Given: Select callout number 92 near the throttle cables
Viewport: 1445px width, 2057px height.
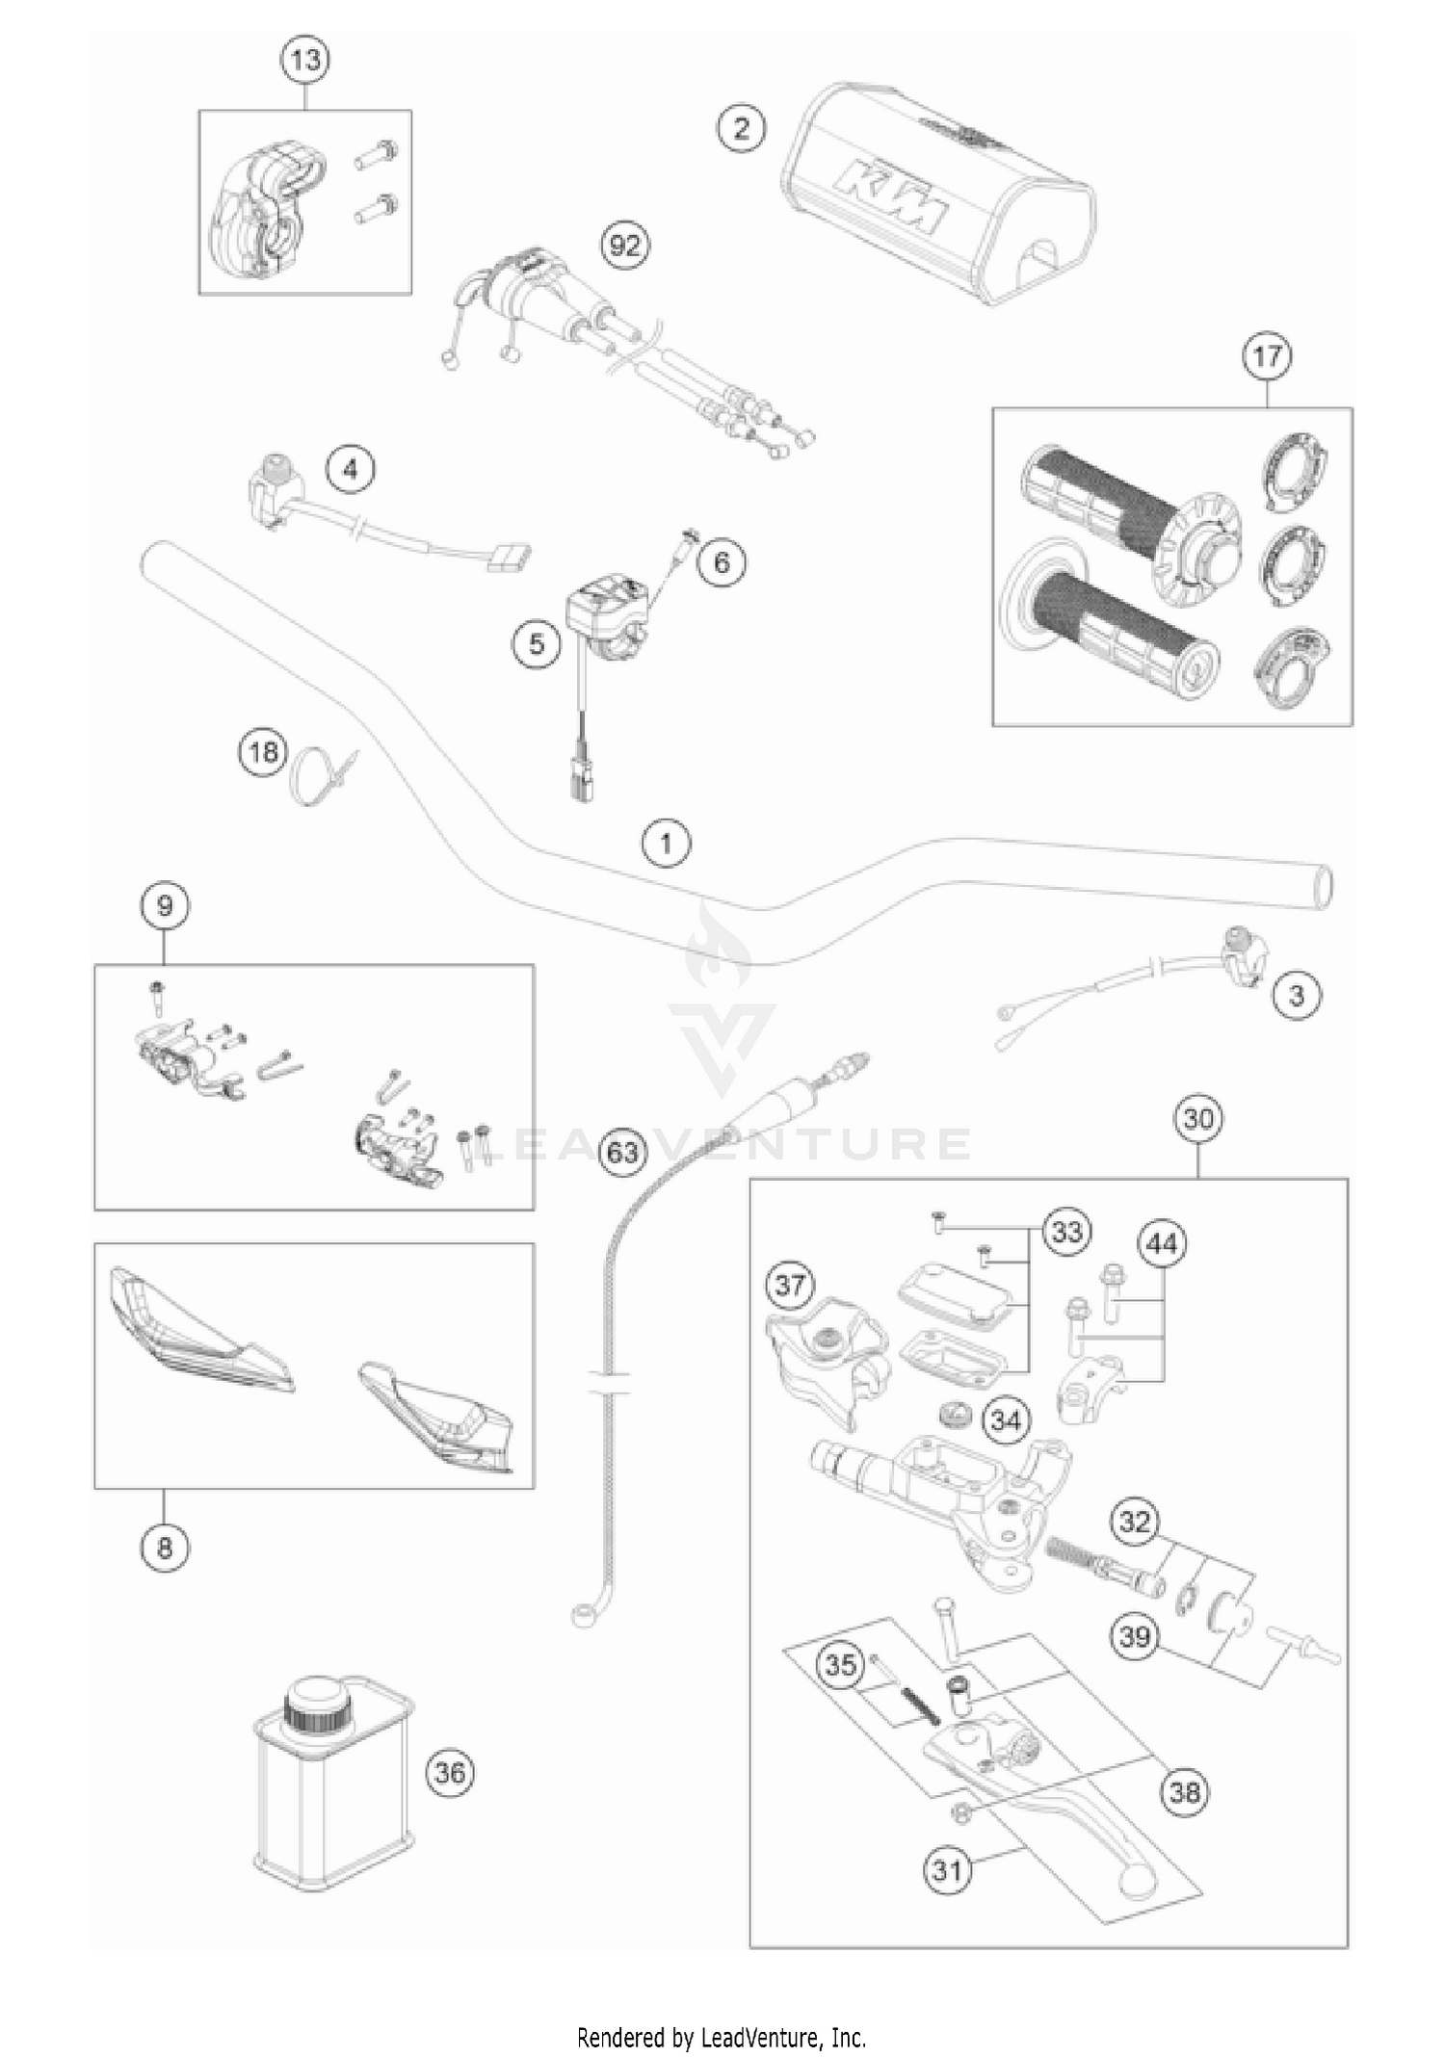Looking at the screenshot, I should [x=625, y=247].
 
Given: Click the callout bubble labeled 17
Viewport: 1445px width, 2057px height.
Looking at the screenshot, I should [x=1266, y=356].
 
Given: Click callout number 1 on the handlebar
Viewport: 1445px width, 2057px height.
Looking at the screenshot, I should [x=667, y=845].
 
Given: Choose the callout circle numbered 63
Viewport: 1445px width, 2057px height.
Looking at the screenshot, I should [x=623, y=1151].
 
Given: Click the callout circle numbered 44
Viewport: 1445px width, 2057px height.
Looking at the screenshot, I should [x=1162, y=1244].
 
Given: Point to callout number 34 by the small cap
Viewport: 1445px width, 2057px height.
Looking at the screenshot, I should [x=1006, y=1419].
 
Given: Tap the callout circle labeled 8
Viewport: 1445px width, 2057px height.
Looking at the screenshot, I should [x=165, y=1548].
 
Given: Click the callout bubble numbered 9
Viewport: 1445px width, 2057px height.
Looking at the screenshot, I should [x=165, y=905].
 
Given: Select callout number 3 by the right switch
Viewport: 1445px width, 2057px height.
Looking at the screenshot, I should [x=1296, y=995].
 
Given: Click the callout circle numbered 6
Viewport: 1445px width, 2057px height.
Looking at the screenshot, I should [x=722, y=561].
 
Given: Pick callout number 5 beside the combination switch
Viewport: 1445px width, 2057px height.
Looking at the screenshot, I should [x=537, y=643].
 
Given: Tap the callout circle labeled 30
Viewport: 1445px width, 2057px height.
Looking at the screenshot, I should [x=1198, y=1119].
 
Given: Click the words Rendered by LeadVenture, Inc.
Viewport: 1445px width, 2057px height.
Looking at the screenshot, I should [x=722, y=2037].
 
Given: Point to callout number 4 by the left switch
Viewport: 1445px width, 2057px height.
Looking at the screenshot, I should [x=350, y=470].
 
